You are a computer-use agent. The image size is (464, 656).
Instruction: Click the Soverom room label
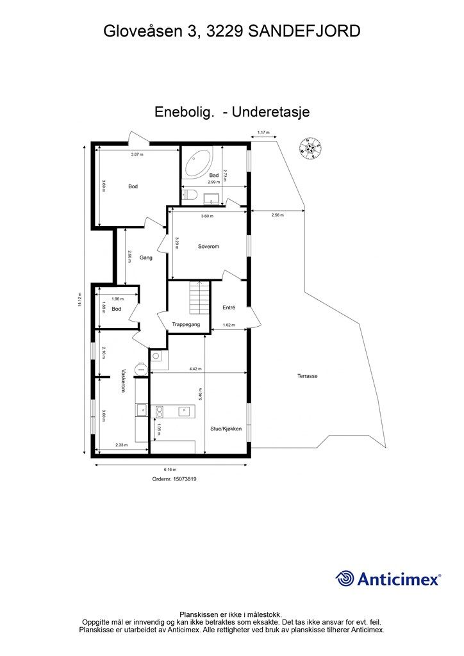[209, 246]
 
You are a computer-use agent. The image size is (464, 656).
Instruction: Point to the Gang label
[146, 258]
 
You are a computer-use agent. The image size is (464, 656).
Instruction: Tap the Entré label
[229, 307]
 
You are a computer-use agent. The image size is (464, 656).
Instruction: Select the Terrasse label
[307, 376]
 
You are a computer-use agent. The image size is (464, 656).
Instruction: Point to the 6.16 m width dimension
[170, 469]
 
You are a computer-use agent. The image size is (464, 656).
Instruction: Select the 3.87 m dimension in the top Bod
[137, 154]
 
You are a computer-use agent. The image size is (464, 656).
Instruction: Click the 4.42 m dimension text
[197, 369]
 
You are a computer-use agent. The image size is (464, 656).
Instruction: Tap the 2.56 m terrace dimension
[278, 215]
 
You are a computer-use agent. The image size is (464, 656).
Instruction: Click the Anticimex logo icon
[345, 578]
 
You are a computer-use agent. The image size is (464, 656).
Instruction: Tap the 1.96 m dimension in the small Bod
[117, 299]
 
